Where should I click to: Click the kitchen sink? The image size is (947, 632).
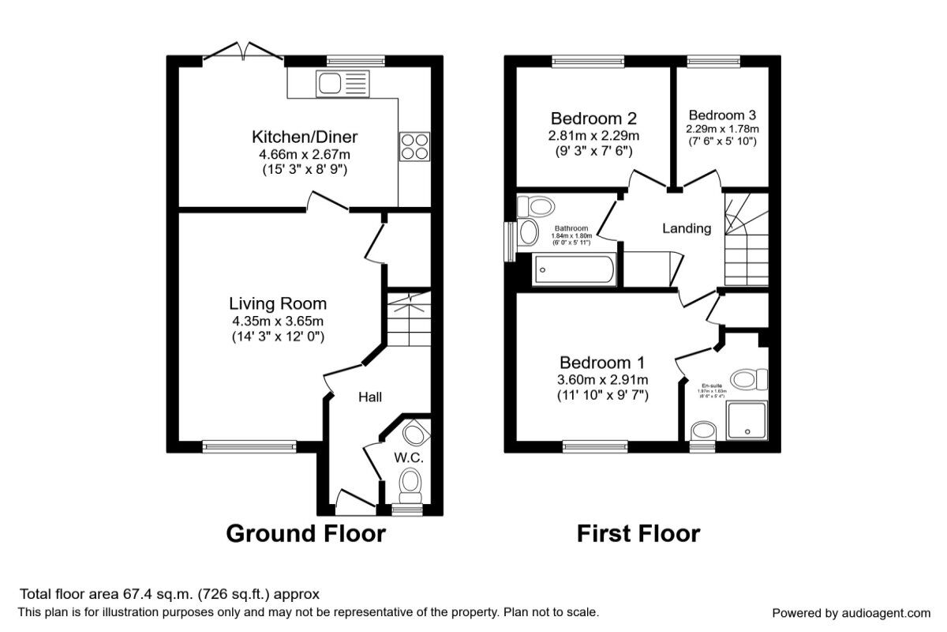coord(341,82)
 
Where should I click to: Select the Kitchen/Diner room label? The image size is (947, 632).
coord(299,137)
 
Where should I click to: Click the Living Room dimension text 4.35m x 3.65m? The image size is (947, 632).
coord(278,321)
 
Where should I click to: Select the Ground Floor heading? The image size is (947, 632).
coord(305,533)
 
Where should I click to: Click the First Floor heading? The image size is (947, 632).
coord(638,533)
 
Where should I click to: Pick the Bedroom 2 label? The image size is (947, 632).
coord(593,118)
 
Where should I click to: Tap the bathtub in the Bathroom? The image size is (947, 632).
coord(575,271)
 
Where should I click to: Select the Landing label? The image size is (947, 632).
coord(686,228)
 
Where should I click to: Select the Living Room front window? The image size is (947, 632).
coord(249,447)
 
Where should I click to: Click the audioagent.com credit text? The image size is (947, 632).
coord(851,612)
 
